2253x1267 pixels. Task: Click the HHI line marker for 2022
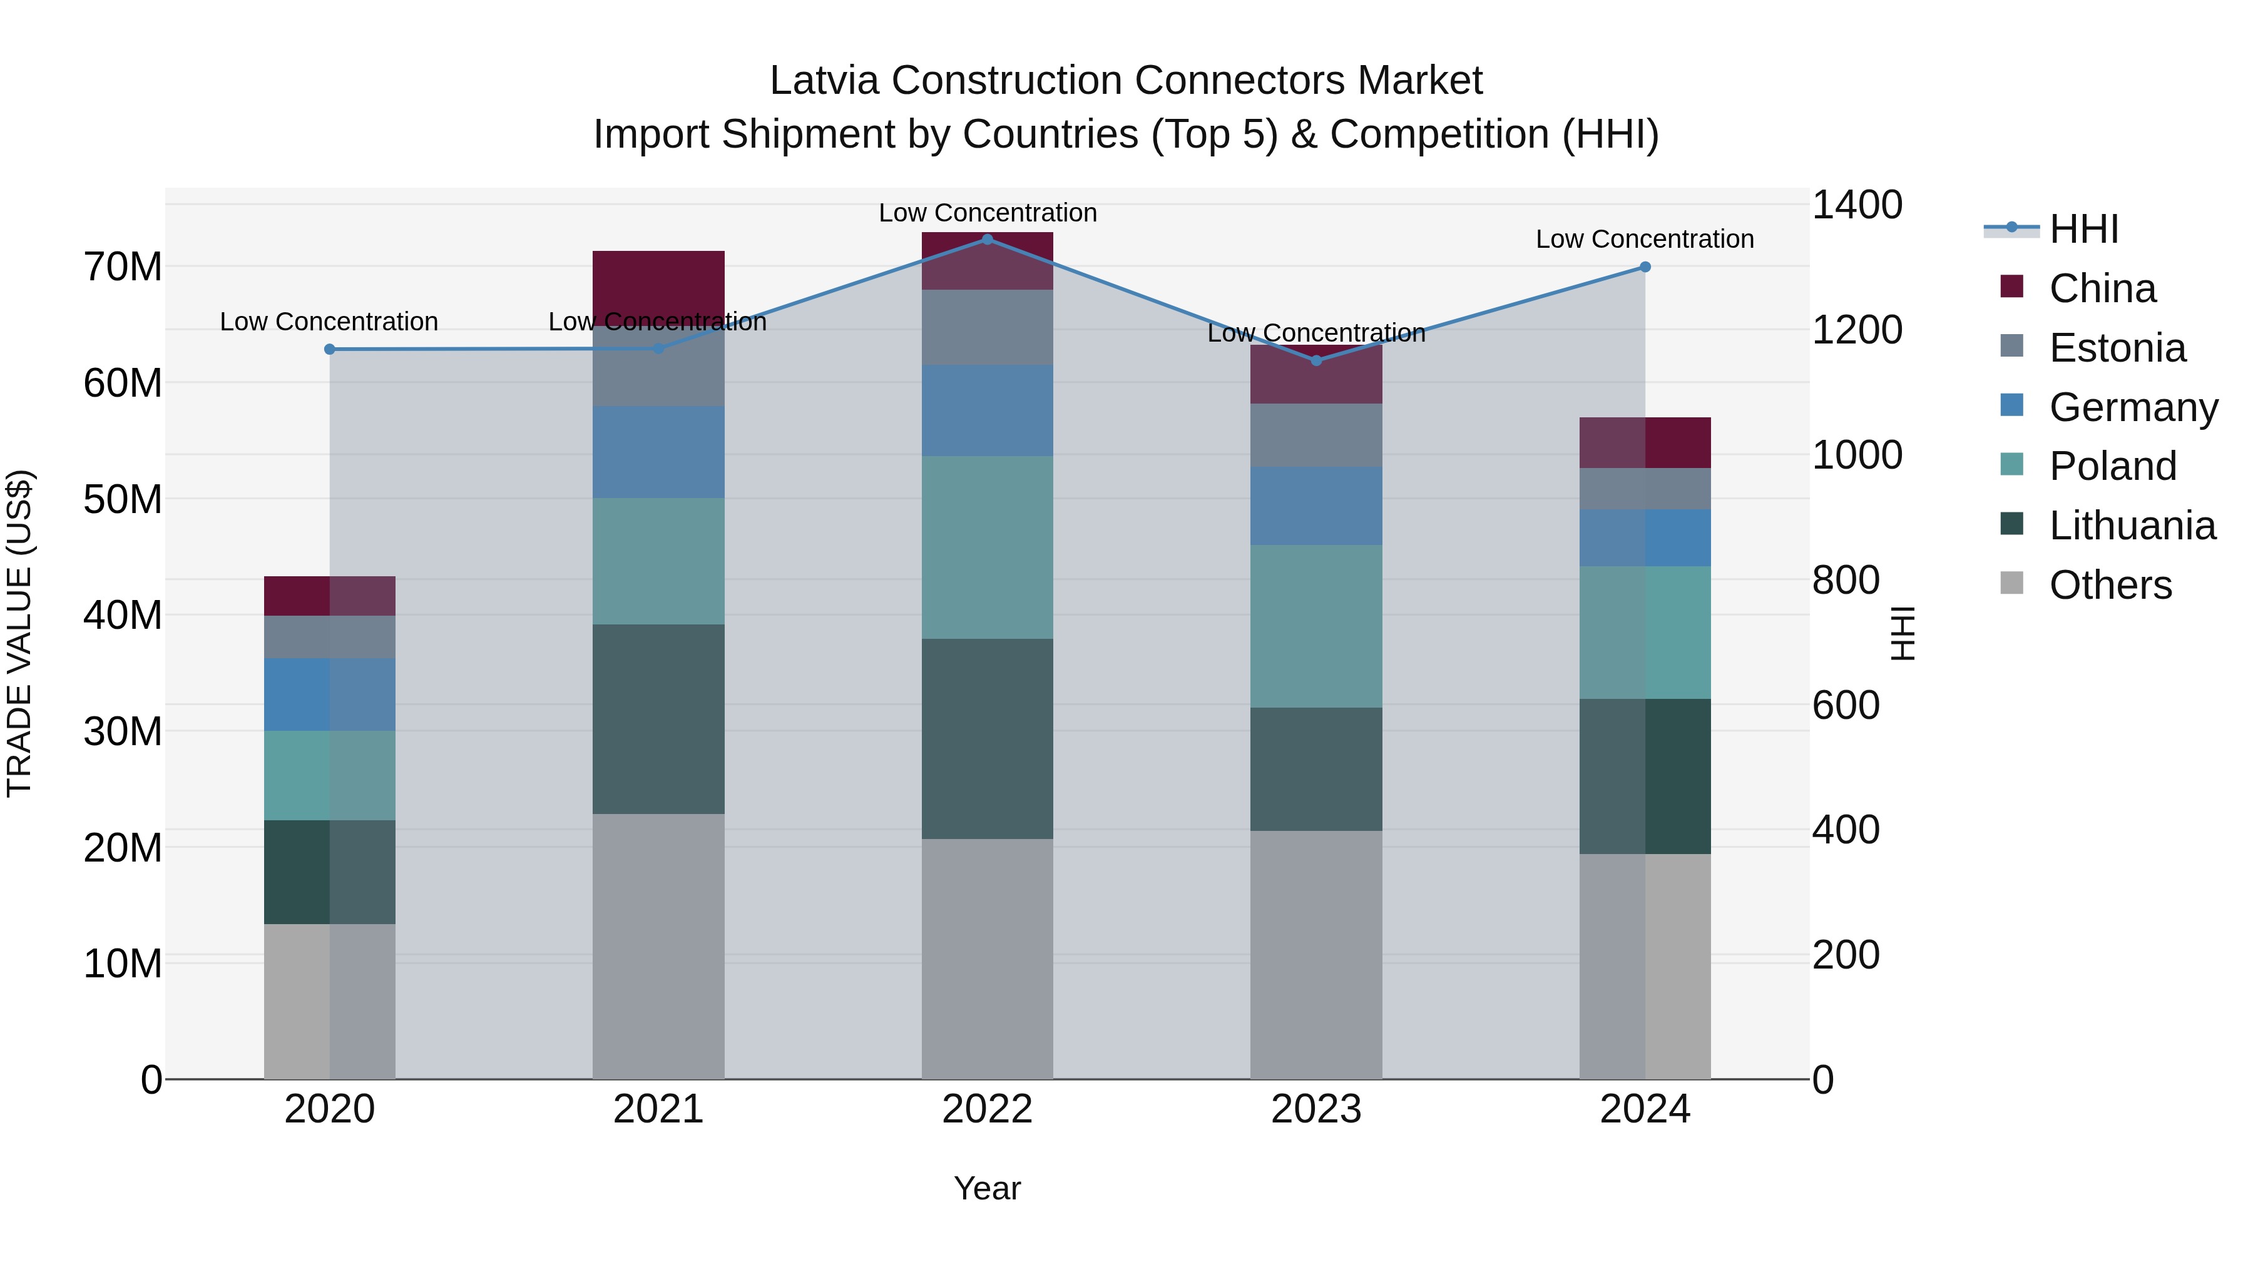(x=988, y=239)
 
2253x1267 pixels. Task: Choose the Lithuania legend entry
(x=2132, y=526)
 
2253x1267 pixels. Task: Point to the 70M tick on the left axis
(x=123, y=267)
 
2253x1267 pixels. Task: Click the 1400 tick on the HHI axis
(x=1856, y=205)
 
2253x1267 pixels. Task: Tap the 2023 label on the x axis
(x=1316, y=1109)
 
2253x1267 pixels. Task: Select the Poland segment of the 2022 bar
(x=988, y=546)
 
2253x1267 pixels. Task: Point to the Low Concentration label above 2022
(x=988, y=213)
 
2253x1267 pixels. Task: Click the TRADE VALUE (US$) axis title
(x=19, y=633)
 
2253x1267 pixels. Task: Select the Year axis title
(x=988, y=1188)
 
